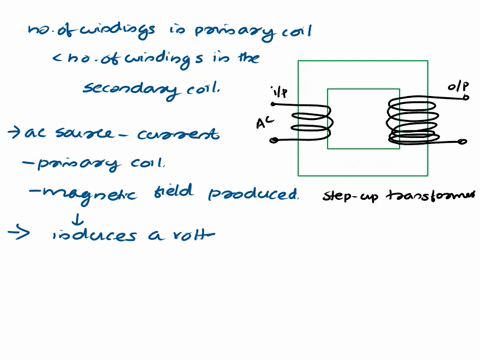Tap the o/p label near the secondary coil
(457, 89)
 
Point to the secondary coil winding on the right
(410, 120)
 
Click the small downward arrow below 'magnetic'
(78, 215)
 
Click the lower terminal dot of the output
(462, 142)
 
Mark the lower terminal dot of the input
(274, 140)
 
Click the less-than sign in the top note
(59, 58)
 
